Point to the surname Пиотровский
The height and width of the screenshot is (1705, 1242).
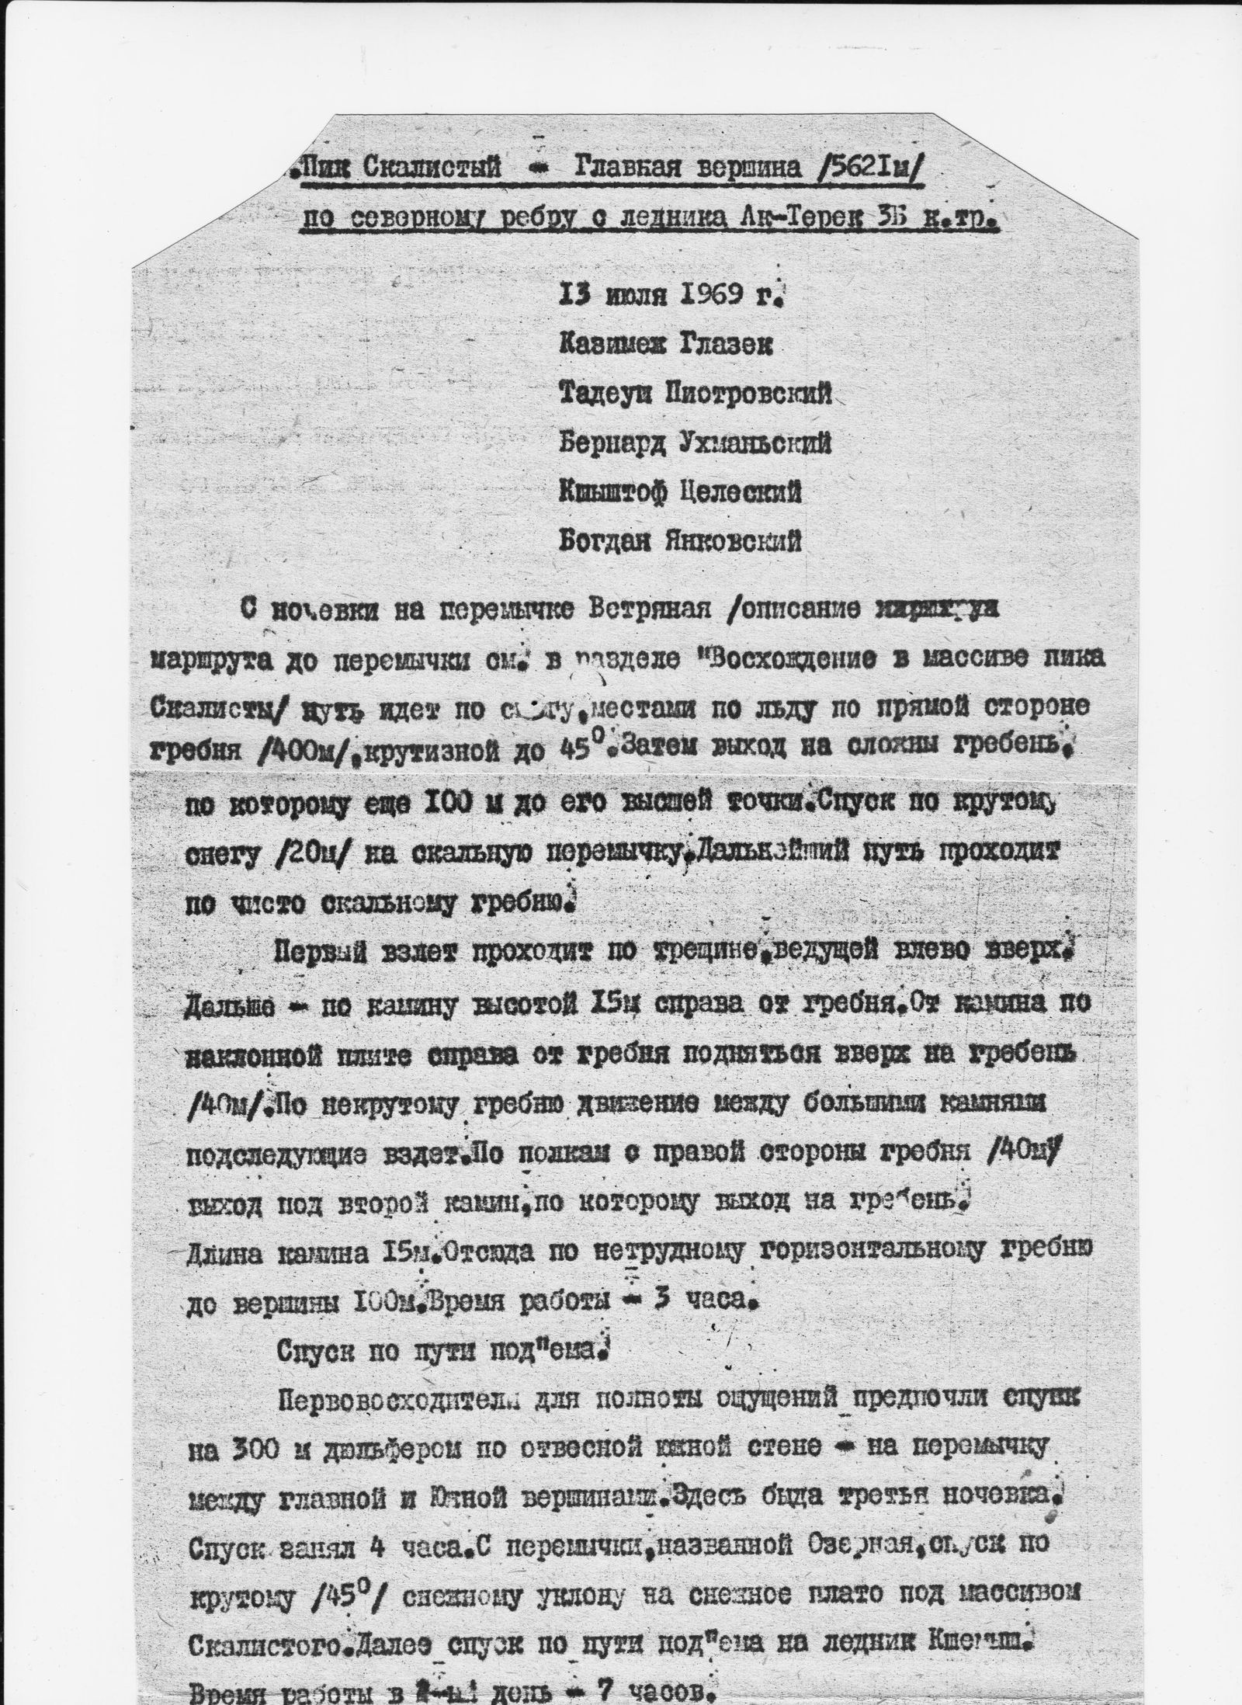tap(744, 395)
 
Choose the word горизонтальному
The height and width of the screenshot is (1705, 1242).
tap(892, 1250)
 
